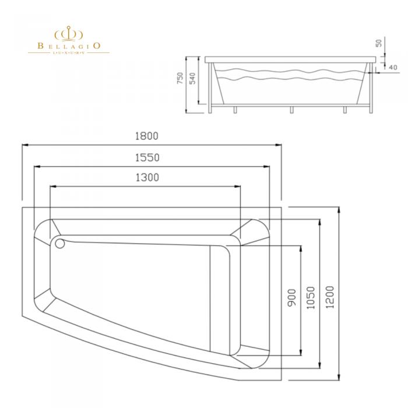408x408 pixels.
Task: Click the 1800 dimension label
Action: pos(146,136)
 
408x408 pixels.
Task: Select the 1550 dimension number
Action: pos(147,158)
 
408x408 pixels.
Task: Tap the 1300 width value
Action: pos(147,177)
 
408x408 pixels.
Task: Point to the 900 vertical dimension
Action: pos(292,297)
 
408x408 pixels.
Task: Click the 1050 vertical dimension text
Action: pos(311,298)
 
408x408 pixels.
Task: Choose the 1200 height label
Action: pos(330,297)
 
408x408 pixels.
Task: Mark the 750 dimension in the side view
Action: pos(180,78)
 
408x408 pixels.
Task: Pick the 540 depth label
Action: pos(192,78)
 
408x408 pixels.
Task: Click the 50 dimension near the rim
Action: pos(379,43)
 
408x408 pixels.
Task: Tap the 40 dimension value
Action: pos(393,68)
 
